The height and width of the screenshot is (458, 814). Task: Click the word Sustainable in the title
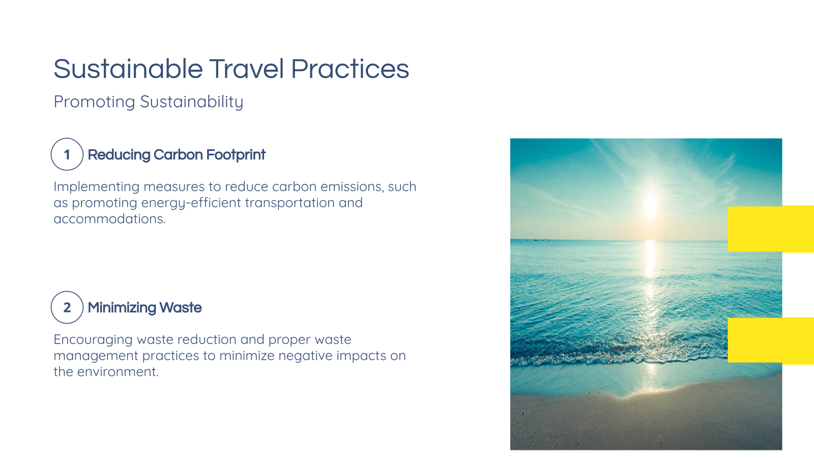click(128, 69)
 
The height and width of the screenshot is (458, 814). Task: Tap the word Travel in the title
click(246, 69)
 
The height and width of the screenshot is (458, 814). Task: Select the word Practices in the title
click(350, 69)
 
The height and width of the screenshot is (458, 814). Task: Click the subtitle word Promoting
click(94, 102)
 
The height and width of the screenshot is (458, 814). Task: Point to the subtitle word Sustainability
click(191, 102)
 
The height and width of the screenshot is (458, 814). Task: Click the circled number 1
click(67, 154)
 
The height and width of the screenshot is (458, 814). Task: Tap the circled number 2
click(67, 307)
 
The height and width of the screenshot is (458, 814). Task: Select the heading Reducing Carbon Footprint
click(176, 155)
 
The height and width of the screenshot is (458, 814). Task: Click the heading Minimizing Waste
click(144, 307)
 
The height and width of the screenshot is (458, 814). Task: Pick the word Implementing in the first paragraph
click(97, 187)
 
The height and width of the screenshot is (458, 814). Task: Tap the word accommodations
click(109, 219)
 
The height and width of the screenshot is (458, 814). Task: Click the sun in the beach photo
click(651, 207)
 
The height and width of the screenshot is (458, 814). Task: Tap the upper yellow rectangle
click(770, 229)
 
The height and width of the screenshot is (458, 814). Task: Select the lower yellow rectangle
click(770, 340)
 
